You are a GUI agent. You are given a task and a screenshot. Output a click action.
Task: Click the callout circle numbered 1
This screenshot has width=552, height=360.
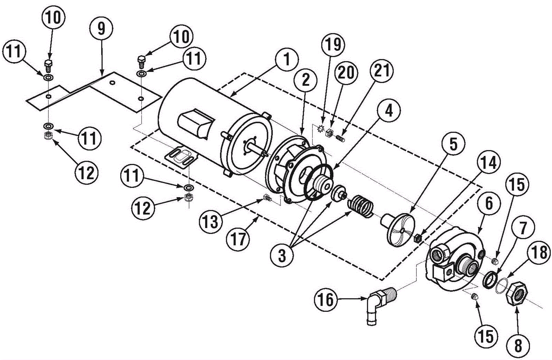[x=287, y=59]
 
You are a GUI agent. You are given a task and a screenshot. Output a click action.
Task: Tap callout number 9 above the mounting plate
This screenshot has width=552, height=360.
[x=101, y=29]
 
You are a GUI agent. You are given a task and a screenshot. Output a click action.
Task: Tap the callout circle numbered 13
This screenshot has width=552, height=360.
[x=211, y=221]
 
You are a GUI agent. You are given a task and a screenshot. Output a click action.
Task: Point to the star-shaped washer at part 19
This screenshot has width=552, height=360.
[x=320, y=129]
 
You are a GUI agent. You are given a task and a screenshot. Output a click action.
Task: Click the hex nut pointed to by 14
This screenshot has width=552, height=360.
[x=418, y=238]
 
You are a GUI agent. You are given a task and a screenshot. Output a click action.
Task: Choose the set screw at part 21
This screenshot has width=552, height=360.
[x=341, y=137]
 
